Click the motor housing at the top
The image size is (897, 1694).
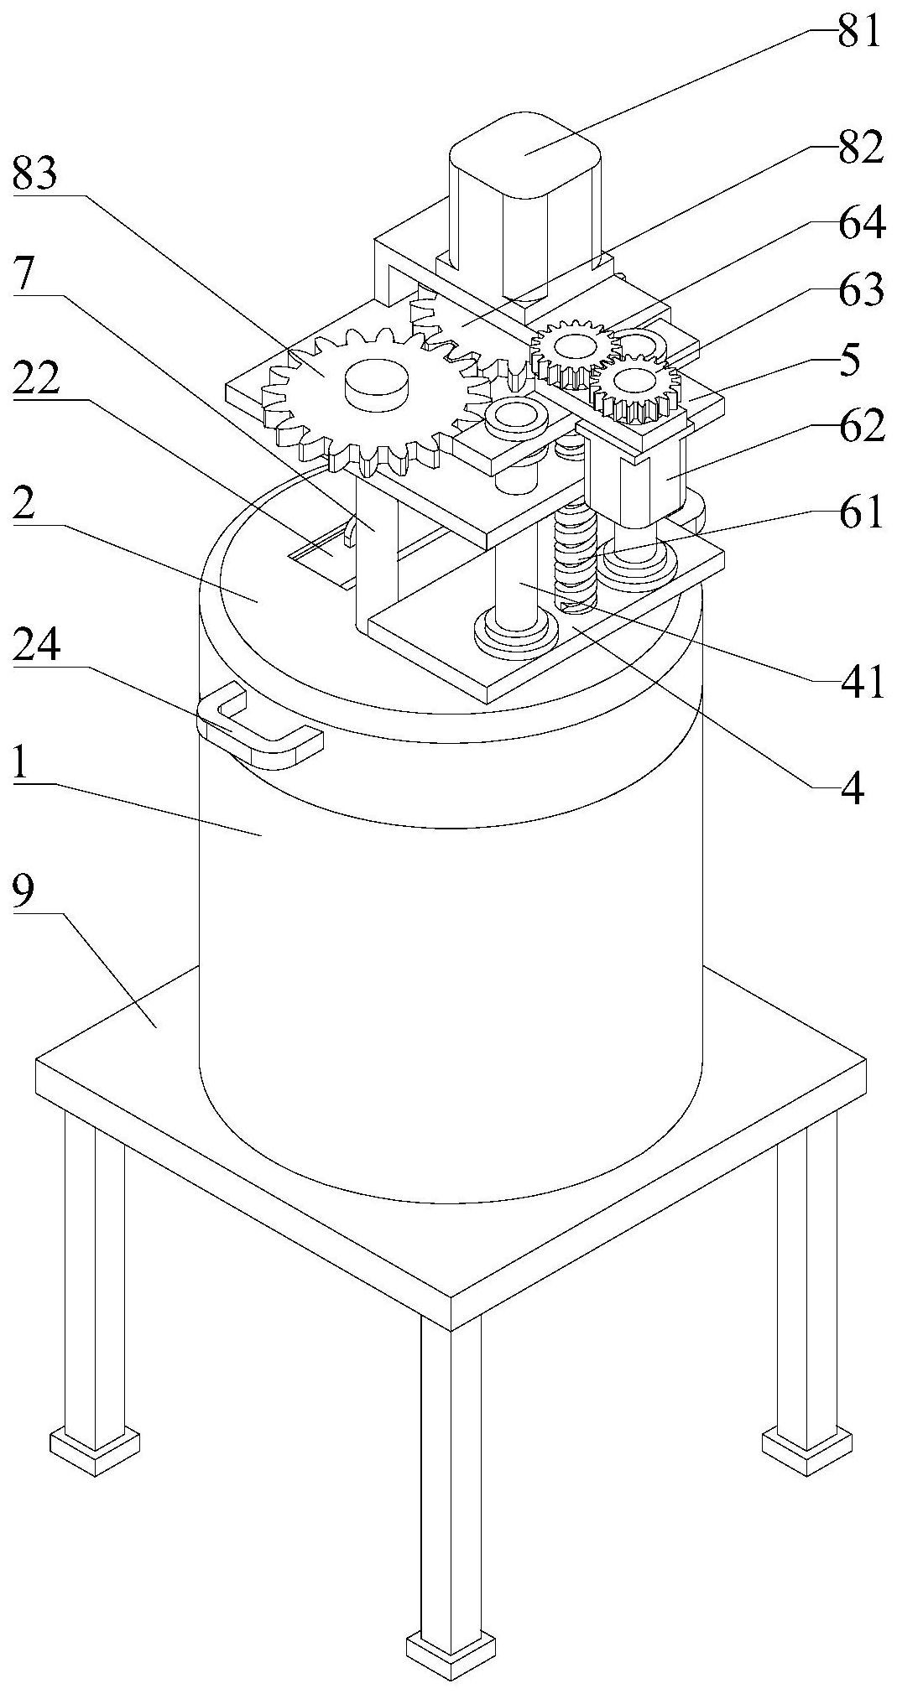point(524,201)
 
